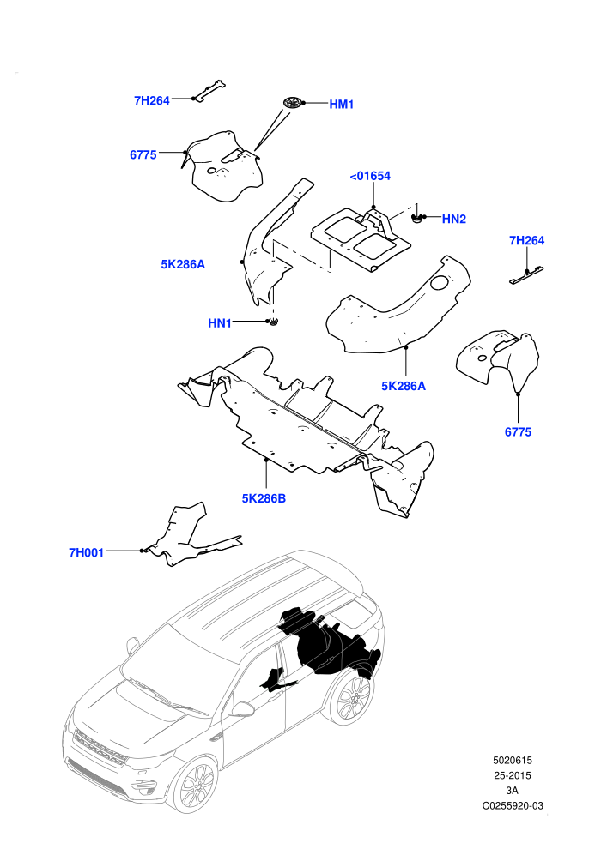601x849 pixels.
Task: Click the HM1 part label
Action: coord(342,104)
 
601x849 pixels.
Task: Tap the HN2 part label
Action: coord(454,219)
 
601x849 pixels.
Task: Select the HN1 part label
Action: coord(220,323)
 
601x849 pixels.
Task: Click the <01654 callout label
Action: coord(370,176)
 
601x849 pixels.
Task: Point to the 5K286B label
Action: coord(264,498)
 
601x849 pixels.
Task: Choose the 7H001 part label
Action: coord(86,553)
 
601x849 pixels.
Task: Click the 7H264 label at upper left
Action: coord(152,100)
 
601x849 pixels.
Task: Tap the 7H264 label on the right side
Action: coord(527,240)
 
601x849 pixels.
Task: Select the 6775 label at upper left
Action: coord(143,155)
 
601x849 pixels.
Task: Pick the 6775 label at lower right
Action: coord(518,432)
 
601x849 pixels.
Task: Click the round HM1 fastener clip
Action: coord(293,102)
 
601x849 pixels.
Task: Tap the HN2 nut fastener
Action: coord(416,218)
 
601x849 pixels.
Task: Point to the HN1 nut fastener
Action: coord(274,322)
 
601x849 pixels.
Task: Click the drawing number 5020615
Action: coord(512,760)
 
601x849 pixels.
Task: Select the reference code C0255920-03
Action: coord(513,805)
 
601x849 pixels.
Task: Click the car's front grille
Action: coord(100,748)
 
